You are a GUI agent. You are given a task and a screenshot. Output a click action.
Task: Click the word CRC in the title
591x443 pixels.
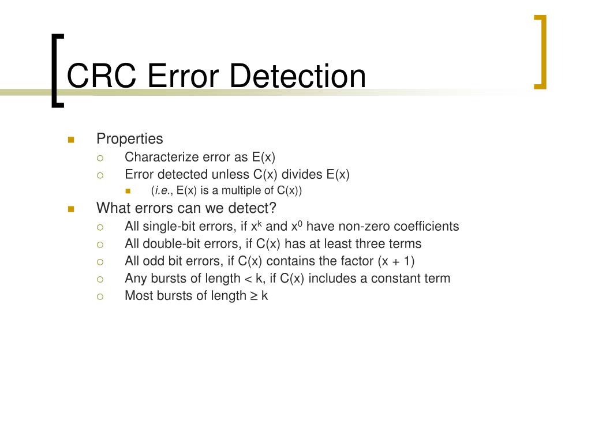(101, 76)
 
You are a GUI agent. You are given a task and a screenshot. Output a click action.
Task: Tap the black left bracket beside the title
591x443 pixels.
(55, 70)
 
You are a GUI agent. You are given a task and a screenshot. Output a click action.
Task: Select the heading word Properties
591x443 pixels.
(129, 139)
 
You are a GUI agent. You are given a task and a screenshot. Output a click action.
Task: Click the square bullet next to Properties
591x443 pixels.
(71, 140)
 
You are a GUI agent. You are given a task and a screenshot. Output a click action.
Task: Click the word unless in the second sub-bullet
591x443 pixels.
(231, 174)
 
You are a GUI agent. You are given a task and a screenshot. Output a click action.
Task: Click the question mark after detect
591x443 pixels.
(274, 208)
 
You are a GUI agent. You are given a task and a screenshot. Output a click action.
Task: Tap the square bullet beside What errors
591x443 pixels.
(71, 208)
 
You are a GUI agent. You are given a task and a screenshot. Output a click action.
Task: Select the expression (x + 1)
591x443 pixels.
(397, 261)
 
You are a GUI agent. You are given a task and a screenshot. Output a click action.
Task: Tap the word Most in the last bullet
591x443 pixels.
(137, 295)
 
